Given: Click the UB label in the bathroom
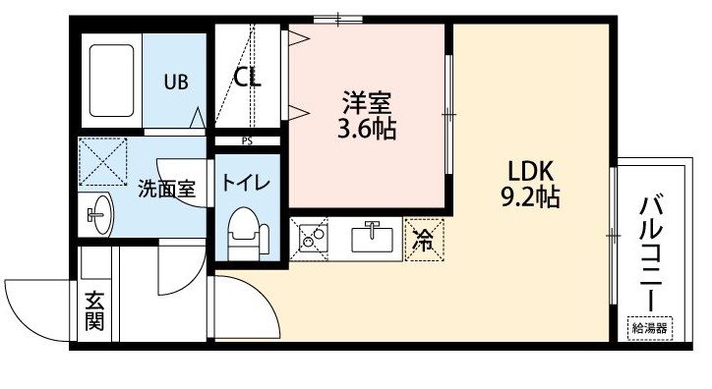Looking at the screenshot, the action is [x=176, y=83].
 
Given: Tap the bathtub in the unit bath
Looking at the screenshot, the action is [x=112, y=81].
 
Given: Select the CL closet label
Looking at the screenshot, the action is [x=248, y=78].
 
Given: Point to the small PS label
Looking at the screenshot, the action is [x=247, y=141].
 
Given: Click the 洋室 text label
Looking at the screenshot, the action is [x=367, y=102].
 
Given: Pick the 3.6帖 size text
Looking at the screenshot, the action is [x=367, y=129].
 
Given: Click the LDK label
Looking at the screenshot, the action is [x=530, y=171].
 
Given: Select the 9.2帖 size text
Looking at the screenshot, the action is [x=530, y=196].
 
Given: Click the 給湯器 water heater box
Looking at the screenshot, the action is [x=649, y=328].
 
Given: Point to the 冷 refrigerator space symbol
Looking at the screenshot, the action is [x=424, y=240].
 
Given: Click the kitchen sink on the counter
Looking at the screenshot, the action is [x=373, y=238].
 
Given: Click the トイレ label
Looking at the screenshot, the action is [x=246, y=183].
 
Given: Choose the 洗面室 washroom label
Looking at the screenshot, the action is [x=166, y=189].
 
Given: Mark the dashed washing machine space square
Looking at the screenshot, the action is [x=103, y=161].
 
